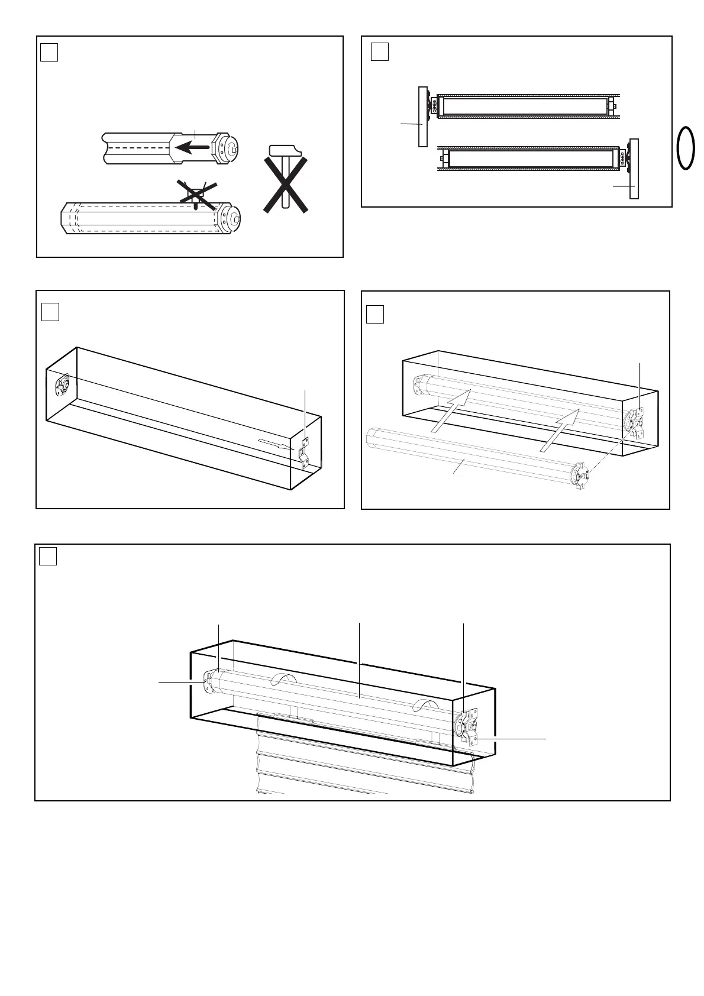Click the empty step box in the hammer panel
(x=49, y=53)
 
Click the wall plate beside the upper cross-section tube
(x=422, y=117)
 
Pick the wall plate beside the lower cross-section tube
(x=634, y=169)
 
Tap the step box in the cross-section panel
(x=379, y=52)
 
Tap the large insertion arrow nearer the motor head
(x=560, y=432)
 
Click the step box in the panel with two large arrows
(x=375, y=314)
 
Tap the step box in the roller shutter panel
(x=48, y=557)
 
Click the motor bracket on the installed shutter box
(x=470, y=729)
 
